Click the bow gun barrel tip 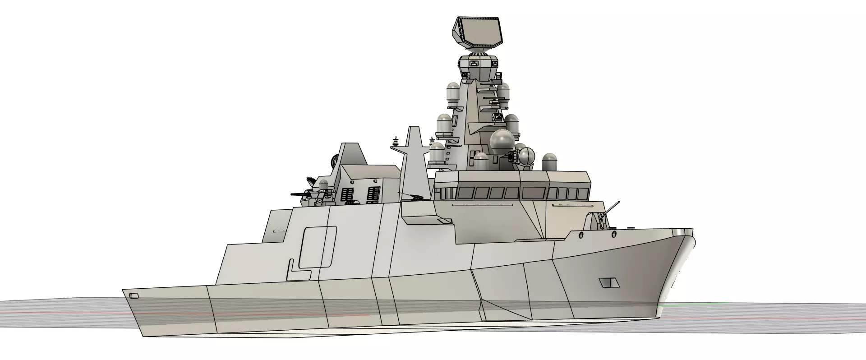(618, 202)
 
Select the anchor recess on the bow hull (609, 283)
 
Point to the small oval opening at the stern (134, 296)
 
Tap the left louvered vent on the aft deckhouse (346, 194)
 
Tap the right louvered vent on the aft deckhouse (373, 194)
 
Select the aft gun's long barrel (300, 194)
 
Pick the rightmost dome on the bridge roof (550, 162)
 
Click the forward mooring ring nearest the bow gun (613, 234)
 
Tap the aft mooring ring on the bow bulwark (581, 235)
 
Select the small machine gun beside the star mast (411, 196)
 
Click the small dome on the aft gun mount (323, 185)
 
